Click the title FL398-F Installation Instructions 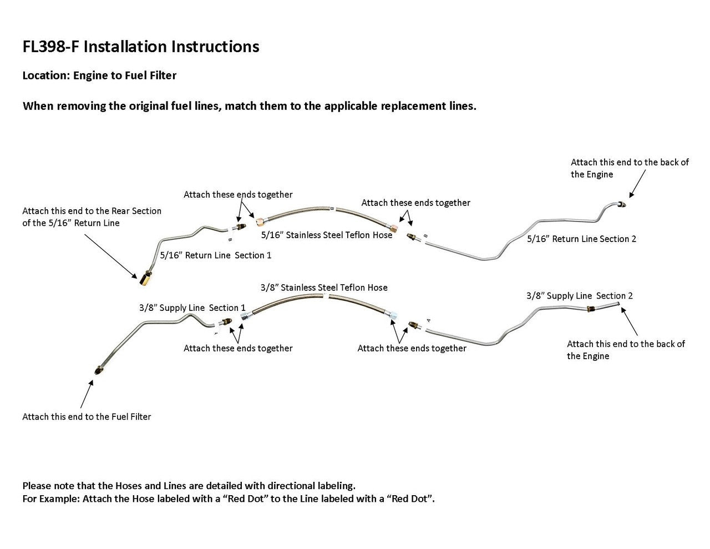click(140, 47)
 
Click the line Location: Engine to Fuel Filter click(99, 75)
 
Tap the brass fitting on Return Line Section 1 click(146, 277)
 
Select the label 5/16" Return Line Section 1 click(215, 255)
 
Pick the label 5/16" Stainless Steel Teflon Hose click(327, 235)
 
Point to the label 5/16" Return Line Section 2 click(581, 239)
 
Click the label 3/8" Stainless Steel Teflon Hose click(324, 288)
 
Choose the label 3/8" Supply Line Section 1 click(192, 308)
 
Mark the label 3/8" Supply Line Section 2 click(580, 296)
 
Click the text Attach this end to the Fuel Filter click(87, 417)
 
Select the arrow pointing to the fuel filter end click(86, 394)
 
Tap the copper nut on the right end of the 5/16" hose click(393, 228)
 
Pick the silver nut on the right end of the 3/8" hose click(393, 315)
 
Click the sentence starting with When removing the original click(249, 106)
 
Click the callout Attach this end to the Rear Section click(92, 217)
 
